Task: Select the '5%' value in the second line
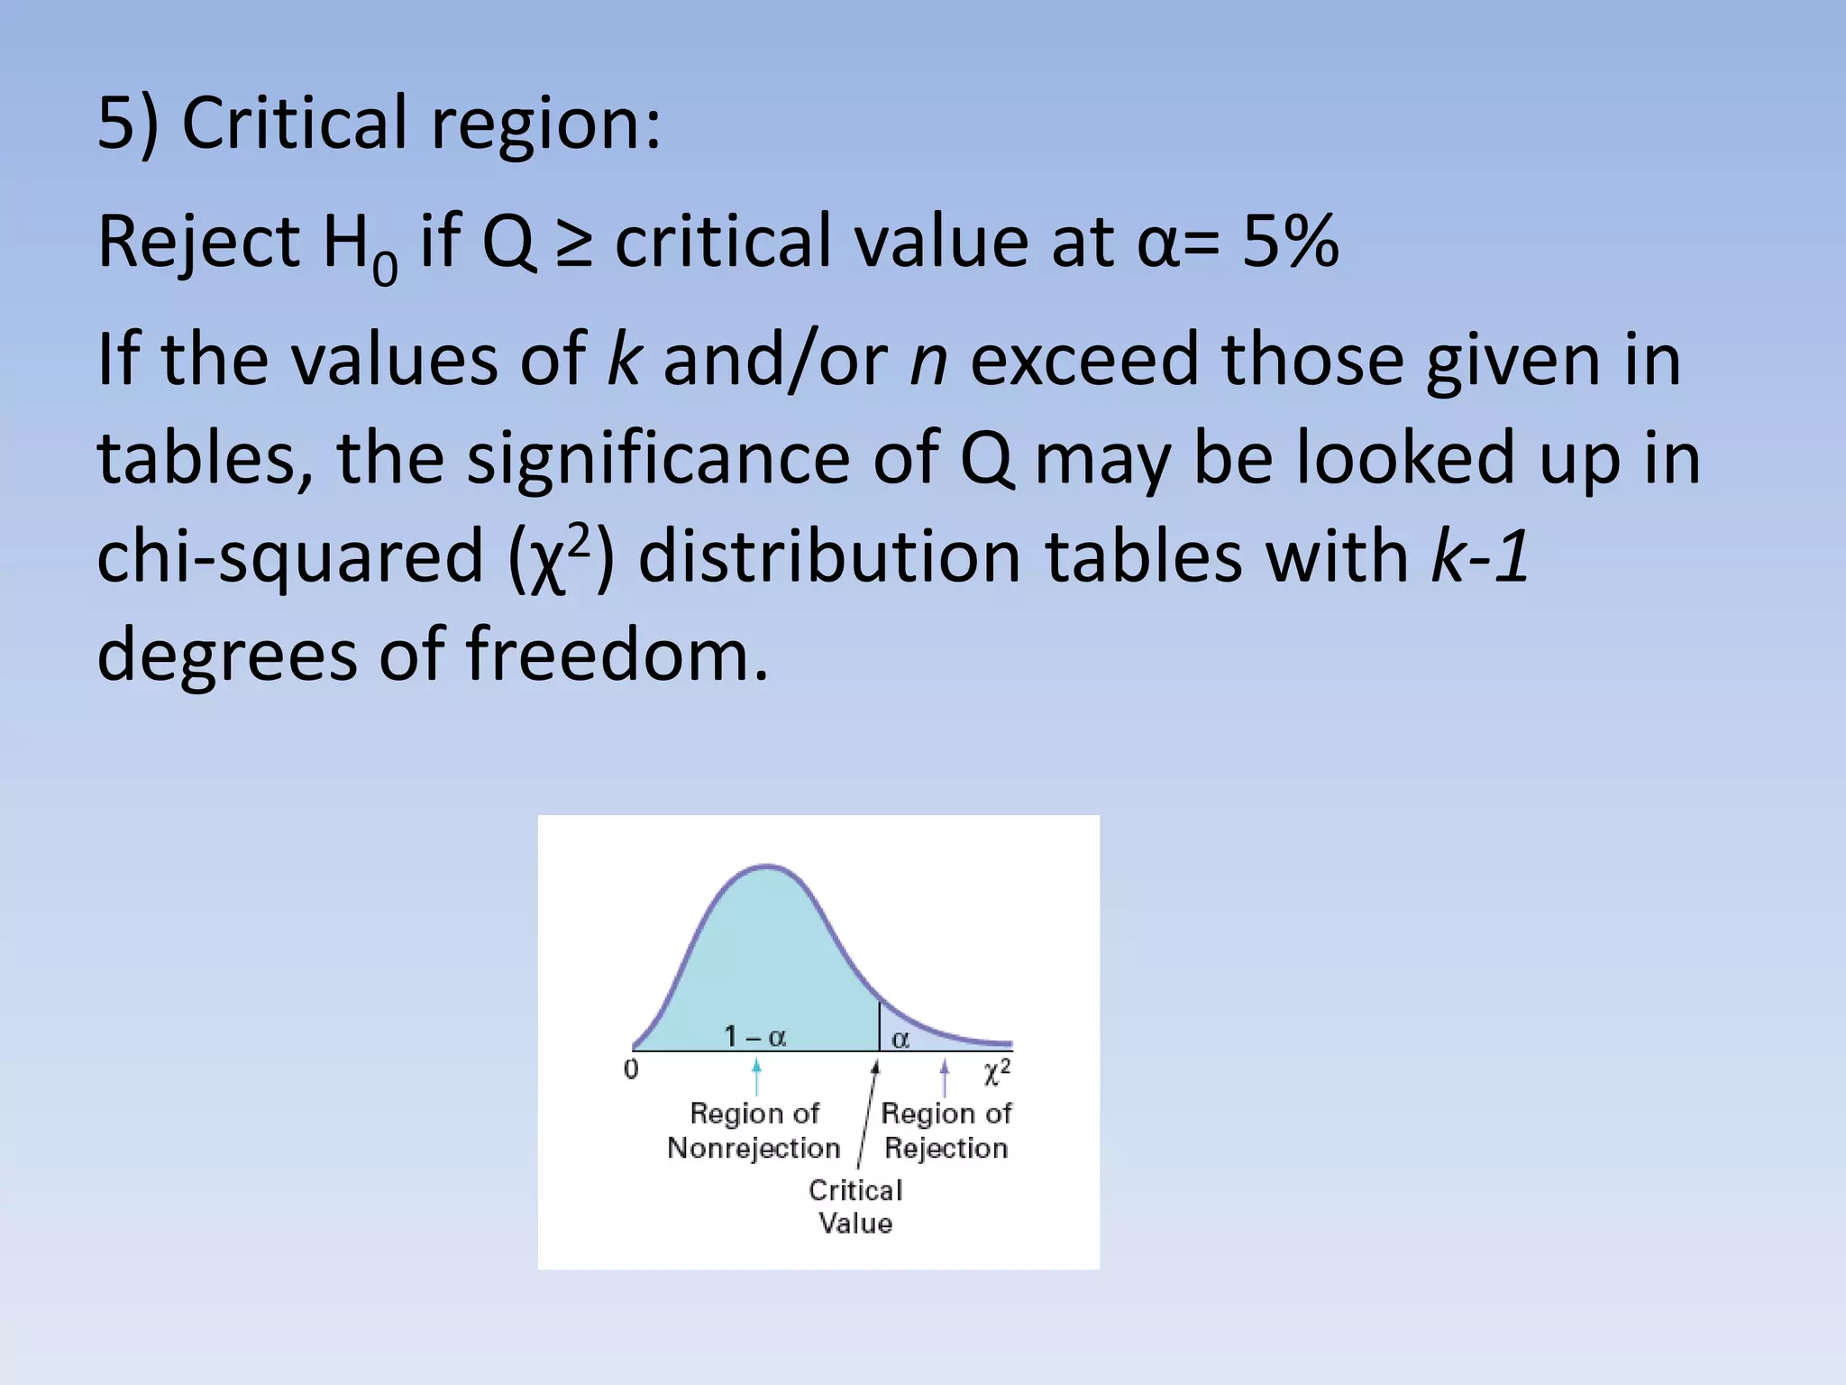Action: coord(1290,242)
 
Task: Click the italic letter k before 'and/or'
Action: coord(624,359)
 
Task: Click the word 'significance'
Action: coord(658,458)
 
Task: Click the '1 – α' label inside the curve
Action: coord(755,1037)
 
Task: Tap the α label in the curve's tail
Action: coord(900,1040)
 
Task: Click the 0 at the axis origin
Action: coord(631,1070)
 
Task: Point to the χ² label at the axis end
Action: coord(997,1071)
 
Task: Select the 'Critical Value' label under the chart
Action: coord(855,1206)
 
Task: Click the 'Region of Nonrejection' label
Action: coord(754,1131)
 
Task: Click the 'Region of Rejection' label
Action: coord(946,1131)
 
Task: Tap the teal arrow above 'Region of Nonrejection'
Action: coord(756,1077)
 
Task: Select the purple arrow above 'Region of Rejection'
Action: coord(944,1078)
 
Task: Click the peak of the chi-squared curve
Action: coord(766,867)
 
